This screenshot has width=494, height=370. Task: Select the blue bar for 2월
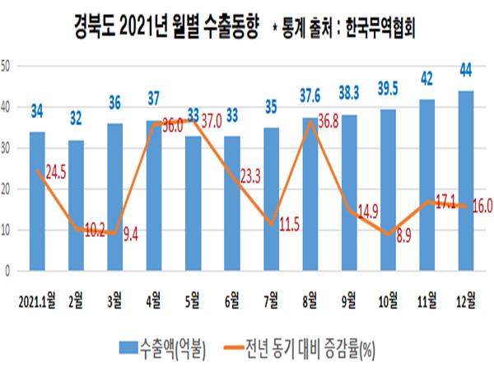tap(77, 206)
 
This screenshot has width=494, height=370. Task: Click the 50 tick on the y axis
tap(5, 66)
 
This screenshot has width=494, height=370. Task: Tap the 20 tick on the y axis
tap(5, 189)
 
